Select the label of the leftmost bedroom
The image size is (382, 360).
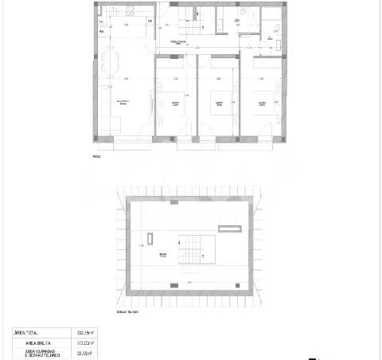coord(175,104)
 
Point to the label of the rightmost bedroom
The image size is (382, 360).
coord(260,104)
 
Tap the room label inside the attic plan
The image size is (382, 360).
coord(162,257)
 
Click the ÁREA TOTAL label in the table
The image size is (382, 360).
coord(27,332)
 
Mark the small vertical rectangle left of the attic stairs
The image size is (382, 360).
coord(150,237)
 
